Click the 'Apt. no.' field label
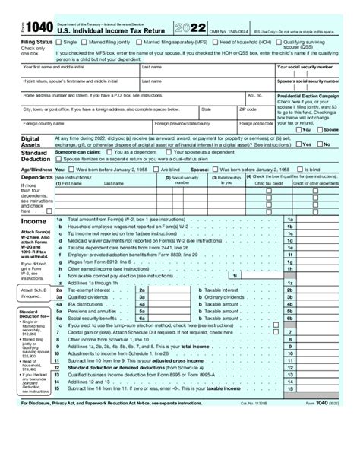click(255, 96)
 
